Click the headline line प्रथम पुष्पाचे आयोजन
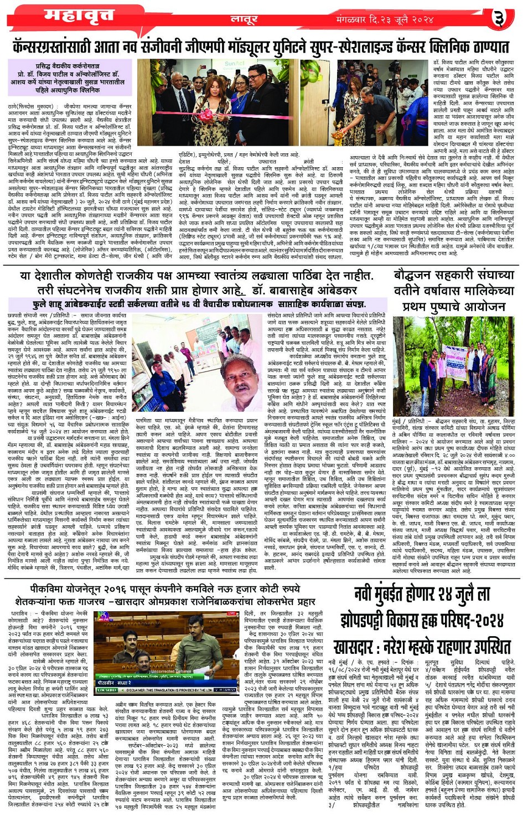[x=454, y=306]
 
